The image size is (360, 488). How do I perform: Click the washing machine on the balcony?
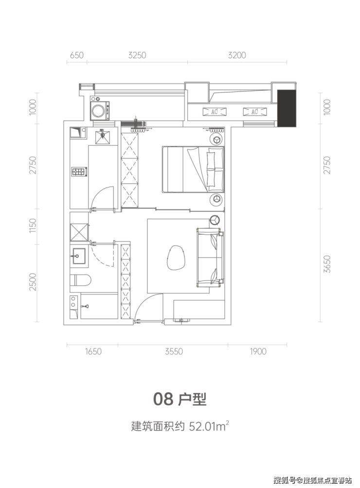[100, 108]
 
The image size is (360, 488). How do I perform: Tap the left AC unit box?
[214, 111]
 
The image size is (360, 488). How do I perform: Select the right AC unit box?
[255, 111]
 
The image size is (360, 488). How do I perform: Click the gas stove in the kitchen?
[79, 172]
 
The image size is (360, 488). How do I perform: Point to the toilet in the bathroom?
[80, 280]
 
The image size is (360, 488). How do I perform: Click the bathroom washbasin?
[79, 256]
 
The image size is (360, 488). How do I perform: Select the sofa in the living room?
[210, 257]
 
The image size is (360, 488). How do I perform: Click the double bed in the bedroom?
[193, 169]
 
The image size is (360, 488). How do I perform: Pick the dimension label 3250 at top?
[137, 55]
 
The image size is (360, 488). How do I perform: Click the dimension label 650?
[76, 55]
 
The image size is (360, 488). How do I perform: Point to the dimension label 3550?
[174, 351]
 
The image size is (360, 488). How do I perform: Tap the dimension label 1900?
[258, 351]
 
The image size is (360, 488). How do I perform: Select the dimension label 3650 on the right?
[327, 264]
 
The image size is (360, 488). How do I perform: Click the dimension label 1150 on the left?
[33, 226]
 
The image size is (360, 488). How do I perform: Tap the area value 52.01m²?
[209, 426]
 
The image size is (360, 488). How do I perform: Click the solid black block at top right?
[287, 108]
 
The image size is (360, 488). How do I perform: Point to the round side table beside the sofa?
[215, 220]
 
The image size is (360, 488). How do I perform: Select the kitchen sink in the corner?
[75, 132]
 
